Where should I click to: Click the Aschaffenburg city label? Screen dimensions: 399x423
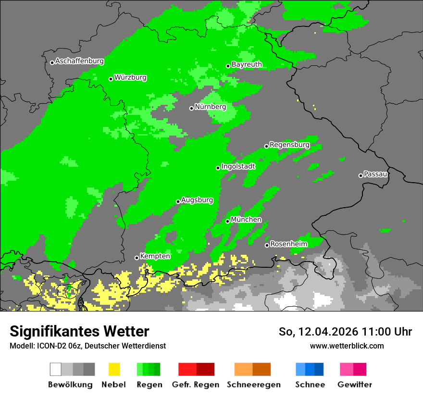[x=79, y=62]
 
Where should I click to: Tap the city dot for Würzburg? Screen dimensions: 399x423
[x=111, y=79]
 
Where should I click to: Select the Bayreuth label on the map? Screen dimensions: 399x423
[x=247, y=64]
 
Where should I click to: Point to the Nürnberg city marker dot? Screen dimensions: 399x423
[x=191, y=108]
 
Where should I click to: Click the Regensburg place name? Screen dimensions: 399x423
[x=289, y=145]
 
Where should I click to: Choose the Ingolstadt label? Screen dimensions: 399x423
[x=238, y=166]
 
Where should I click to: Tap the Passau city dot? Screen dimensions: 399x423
[x=361, y=175]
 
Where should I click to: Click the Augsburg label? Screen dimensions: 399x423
[x=197, y=200]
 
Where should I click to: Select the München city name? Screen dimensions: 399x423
[x=246, y=220]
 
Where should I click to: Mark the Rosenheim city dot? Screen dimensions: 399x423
[x=267, y=246]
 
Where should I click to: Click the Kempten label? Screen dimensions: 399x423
[x=155, y=256]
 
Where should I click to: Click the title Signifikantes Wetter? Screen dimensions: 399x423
[x=79, y=331]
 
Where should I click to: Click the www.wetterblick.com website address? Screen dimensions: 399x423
[x=347, y=346]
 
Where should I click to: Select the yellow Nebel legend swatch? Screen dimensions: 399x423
[x=114, y=369]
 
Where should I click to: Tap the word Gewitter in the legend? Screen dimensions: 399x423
[x=354, y=385]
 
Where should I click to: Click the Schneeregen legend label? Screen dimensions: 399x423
[x=253, y=385]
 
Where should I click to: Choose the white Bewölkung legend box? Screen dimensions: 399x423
[x=55, y=369]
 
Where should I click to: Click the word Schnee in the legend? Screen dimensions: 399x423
[x=310, y=385]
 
